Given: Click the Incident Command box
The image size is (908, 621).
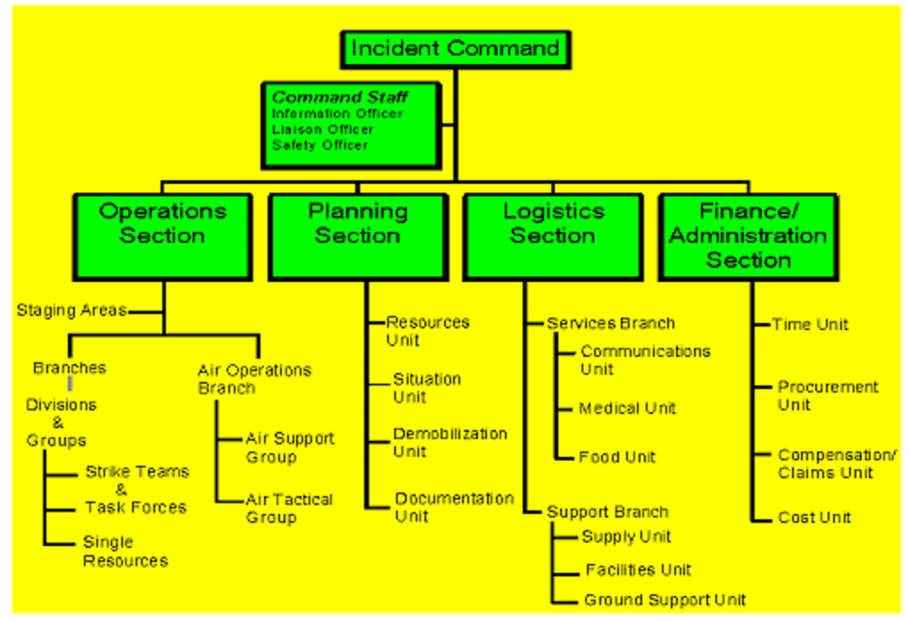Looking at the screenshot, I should pyautogui.click(x=455, y=49).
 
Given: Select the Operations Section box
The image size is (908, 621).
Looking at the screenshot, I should pyautogui.click(x=162, y=236).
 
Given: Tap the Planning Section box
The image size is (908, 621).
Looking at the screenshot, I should pyautogui.click(x=358, y=236).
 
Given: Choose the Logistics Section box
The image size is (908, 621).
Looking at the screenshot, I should pyautogui.click(x=553, y=236).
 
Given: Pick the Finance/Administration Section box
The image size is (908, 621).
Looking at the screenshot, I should pyautogui.click(x=747, y=236).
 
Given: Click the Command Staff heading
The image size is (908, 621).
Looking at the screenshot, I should pyautogui.click(x=340, y=97).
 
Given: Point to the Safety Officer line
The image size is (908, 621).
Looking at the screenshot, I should pyautogui.click(x=319, y=145).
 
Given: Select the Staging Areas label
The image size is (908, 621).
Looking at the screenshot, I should pyautogui.click(x=71, y=310).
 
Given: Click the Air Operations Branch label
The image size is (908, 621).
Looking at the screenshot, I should pyautogui.click(x=254, y=379).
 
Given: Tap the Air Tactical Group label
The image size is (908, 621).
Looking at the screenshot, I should pyautogui.click(x=288, y=509).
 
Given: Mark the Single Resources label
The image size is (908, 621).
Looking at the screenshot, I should pyautogui.click(x=125, y=551).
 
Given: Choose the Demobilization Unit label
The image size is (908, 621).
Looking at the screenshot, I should pyautogui.click(x=450, y=443).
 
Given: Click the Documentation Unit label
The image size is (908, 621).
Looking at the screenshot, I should pyautogui.click(x=454, y=507).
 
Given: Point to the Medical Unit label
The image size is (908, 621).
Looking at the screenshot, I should pyautogui.click(x=627, y=409).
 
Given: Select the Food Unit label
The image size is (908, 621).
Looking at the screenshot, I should pyautogui.click(x=616, y=457).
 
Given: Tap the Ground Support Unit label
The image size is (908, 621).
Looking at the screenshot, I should pyautogui.click(x=664, y=600).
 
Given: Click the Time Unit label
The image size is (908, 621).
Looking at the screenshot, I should pyautogui.click(x=810, y=325).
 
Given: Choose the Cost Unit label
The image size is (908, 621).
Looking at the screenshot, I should pyautogui.click(x=814, y=517).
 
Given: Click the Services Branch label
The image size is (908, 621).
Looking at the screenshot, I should pyautogui.click(x=610, y=323).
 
